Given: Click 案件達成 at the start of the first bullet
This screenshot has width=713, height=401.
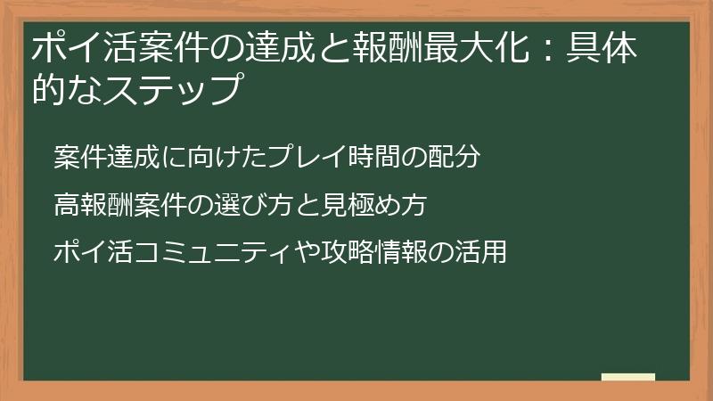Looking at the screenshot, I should click(106, 158).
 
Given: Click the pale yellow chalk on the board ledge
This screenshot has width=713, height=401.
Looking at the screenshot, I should click(627, 377).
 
